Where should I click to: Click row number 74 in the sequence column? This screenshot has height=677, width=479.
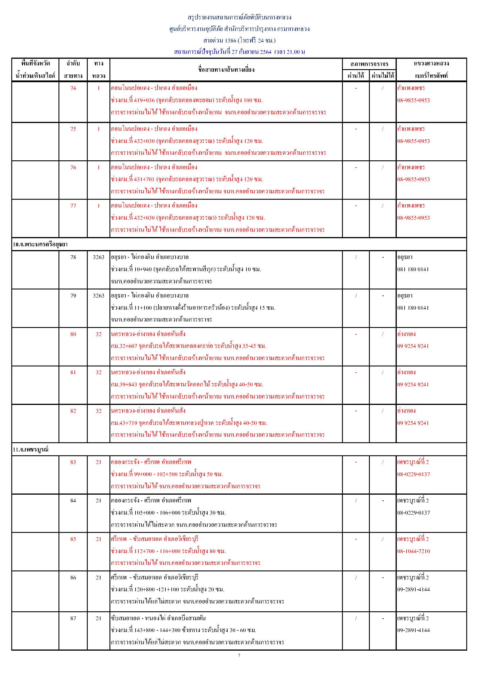(x=73, y=88)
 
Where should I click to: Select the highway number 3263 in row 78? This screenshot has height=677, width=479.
(x=98, y=257)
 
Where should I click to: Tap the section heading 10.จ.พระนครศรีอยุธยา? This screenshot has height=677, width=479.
(x=40, y=245)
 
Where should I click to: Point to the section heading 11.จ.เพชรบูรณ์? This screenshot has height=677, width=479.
(x=31, y=450)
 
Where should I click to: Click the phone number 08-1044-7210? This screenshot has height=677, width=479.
(x=413, y=551)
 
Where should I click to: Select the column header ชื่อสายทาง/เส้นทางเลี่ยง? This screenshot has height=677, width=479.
(x=226, y=69)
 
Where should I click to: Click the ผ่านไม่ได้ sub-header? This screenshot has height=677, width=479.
(x=383, y=76)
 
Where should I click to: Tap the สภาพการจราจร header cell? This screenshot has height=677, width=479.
(x=369, y=64)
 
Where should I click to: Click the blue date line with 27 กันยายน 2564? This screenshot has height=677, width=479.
(x=239, y=52)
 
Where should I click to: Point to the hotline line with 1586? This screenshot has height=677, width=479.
(x=239, y=40)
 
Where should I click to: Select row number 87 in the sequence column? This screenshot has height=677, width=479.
(x=73, y=618)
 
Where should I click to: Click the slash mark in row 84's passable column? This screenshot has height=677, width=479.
(x=356, y=501)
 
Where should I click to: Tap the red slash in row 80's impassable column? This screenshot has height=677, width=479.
(x=383, y=334)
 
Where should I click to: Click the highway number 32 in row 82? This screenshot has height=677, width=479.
(x=98, y=411)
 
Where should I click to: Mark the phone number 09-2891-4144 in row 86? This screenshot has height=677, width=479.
(x=413, y=589)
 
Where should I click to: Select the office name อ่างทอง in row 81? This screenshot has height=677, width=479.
(x=406, y=373)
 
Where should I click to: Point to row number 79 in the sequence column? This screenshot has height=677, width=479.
(x=73, y=296)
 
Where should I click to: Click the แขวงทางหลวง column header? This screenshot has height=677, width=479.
(x=431, y=63)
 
